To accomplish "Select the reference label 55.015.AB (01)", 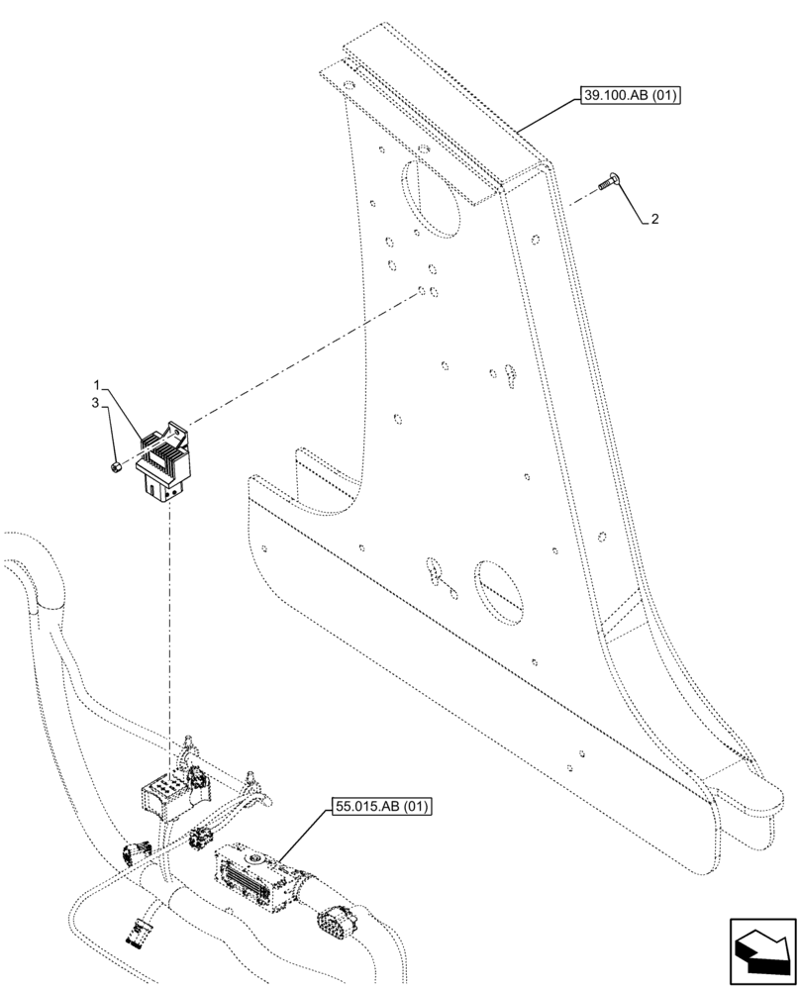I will tap(376, 806).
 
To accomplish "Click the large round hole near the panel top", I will tap(433, 198).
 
